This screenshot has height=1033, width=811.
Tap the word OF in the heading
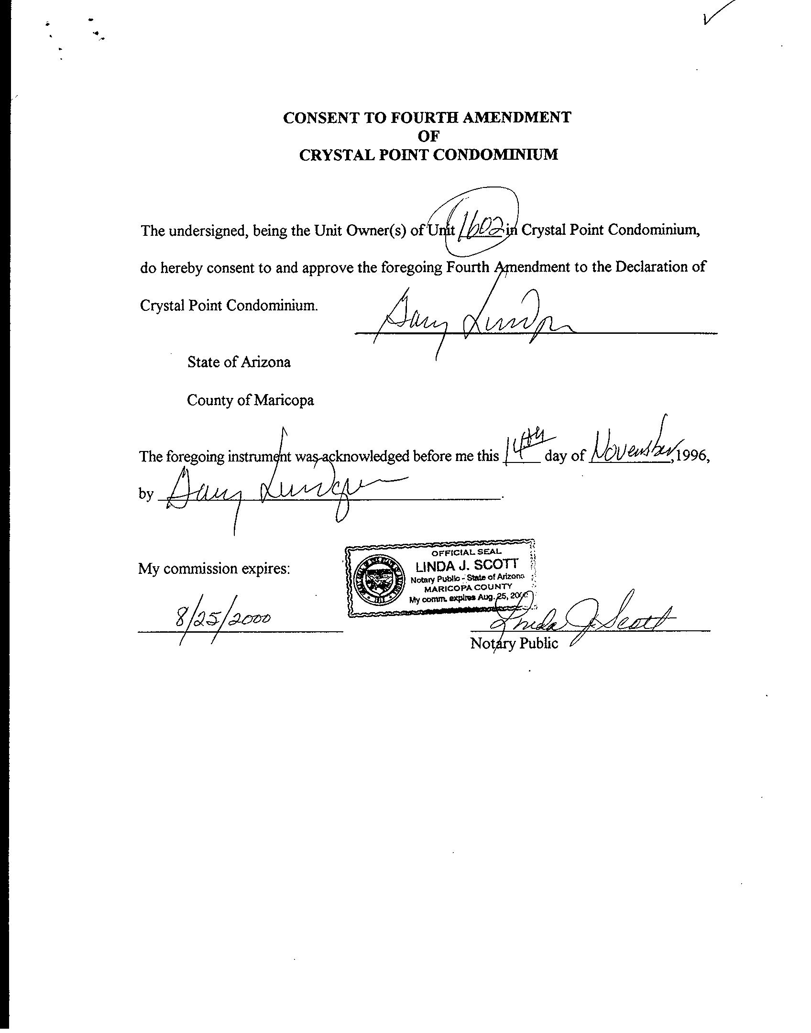tap(428, 136)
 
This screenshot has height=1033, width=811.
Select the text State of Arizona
tap(239, 362)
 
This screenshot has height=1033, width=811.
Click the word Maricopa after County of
tap(284, 400)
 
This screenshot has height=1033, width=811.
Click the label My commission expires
tap(214, 569)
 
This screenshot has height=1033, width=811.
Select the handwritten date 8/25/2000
tap(222, 618)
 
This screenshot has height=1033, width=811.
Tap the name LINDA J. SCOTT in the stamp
tap(466, 566)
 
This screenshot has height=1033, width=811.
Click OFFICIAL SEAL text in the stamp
tap(466, 552)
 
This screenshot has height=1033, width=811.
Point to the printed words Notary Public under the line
tap(514, 643)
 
